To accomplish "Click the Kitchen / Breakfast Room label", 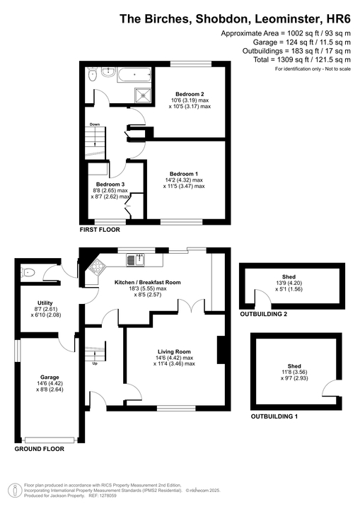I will [148, 282].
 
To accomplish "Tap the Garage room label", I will [40, 378].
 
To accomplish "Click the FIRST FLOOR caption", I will [100, 230].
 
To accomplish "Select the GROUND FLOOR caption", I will [40, 449].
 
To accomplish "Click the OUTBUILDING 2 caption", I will [264, 313].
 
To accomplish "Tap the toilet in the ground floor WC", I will [28, 271].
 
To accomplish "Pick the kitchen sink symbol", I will [136, 260].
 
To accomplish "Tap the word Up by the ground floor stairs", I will [95, 364].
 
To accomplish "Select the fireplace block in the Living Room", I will [221, 350].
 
